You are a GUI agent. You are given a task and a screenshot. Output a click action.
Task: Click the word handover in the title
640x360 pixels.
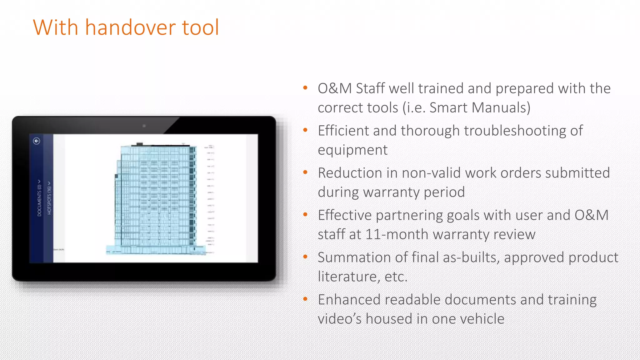coord(130,27)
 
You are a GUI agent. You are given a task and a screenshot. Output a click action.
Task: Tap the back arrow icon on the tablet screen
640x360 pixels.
coord(37,141)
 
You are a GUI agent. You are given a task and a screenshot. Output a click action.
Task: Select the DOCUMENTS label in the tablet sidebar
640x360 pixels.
coord(39,198)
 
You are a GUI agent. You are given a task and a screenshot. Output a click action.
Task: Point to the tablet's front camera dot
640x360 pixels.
coord(144,126)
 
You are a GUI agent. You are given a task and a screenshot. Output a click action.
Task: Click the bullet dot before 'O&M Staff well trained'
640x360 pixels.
coord(305,88)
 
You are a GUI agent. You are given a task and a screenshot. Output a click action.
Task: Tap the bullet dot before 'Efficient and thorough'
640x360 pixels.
coord(305,130)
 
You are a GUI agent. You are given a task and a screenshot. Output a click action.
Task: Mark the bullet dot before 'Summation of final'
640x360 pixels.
coord(305,257)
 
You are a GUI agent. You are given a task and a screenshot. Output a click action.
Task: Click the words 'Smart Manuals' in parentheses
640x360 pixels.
coord(478,108)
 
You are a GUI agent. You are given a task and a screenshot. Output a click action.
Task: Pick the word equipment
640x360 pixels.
coord(352,150)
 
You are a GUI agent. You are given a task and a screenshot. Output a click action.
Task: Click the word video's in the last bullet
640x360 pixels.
coord(340,319)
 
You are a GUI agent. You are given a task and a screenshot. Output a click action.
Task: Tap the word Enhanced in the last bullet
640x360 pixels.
coord(349,300)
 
